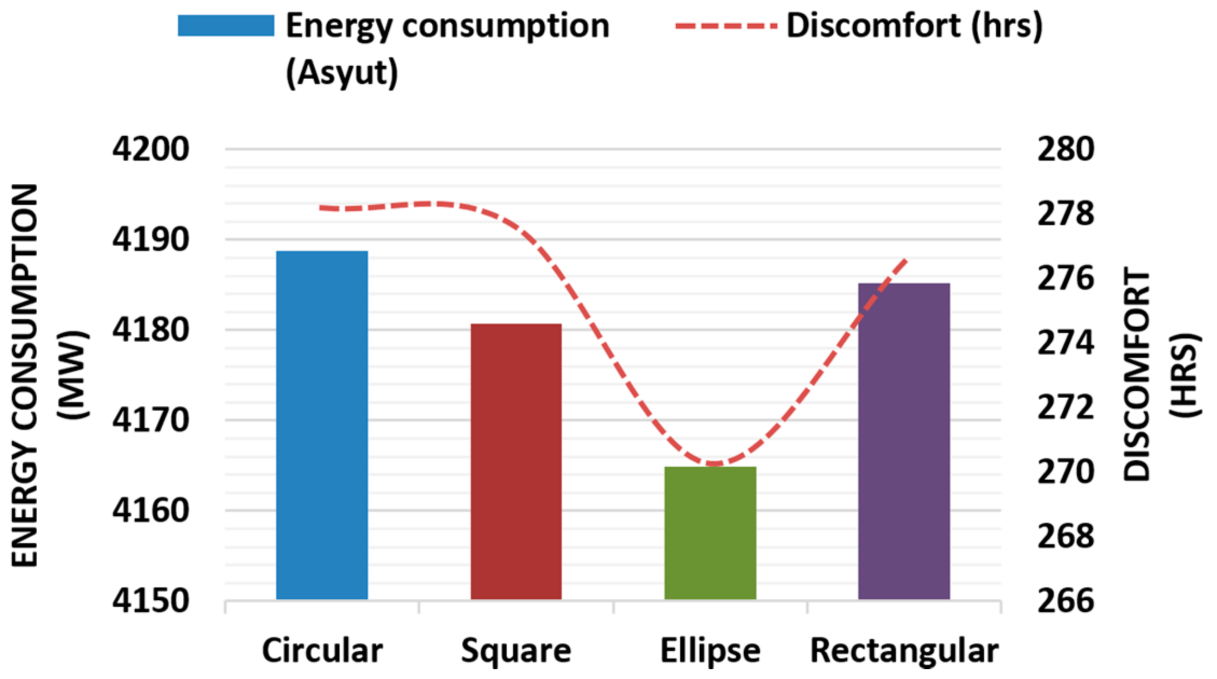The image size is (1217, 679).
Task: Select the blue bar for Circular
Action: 322,426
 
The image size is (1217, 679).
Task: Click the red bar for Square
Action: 516,462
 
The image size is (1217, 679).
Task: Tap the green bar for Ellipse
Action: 710,533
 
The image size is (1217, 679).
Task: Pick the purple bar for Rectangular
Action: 904,442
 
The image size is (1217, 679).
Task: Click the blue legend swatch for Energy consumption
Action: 226,26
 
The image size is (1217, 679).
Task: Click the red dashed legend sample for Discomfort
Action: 726,26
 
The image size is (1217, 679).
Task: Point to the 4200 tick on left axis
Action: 150,149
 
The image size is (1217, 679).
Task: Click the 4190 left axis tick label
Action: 150,239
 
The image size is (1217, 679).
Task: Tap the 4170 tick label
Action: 150,420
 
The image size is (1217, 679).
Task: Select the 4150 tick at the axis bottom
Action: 150,601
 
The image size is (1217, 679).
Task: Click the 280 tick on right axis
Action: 1066,149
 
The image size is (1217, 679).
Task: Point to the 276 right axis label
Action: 1066,278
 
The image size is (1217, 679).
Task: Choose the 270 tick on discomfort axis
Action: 1066,472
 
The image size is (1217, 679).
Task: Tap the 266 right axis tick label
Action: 1066,601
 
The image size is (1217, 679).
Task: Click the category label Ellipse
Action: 710,651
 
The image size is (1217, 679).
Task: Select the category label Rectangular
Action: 904,651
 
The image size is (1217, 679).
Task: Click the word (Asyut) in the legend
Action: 342,73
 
